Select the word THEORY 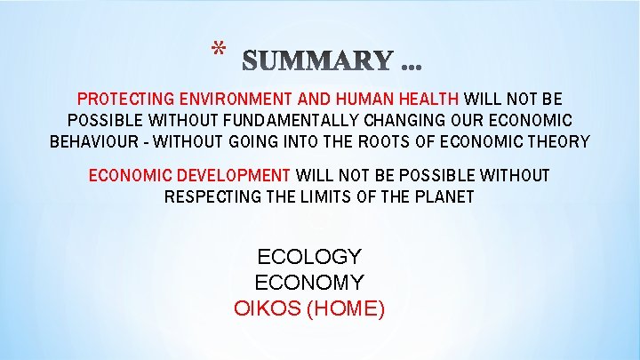(x=558, y=141)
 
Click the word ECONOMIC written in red (x=126, y=175)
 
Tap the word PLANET (x=444, y=196)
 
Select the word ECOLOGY (x=309, y=258)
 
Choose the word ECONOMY (x=309, y=284)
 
